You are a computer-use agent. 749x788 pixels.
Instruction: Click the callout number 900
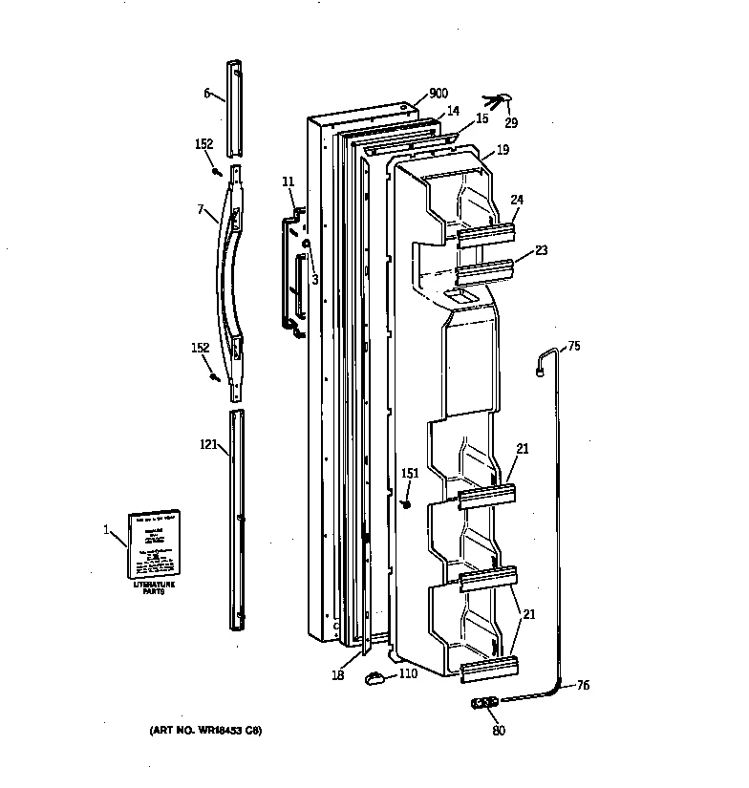(439, 93)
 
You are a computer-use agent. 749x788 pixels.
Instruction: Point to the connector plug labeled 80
(486, 705)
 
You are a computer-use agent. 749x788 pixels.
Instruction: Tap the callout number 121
(208, 444)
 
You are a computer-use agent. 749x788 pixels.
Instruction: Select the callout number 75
(573, 347)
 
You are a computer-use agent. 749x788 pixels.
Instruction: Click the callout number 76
(582, 685)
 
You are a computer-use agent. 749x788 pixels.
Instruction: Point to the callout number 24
(517, 200)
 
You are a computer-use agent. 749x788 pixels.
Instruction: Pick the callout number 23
(540, 251)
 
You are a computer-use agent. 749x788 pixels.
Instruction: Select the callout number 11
(289, 181)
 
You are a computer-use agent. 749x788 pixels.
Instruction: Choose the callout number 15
(481, 118)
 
